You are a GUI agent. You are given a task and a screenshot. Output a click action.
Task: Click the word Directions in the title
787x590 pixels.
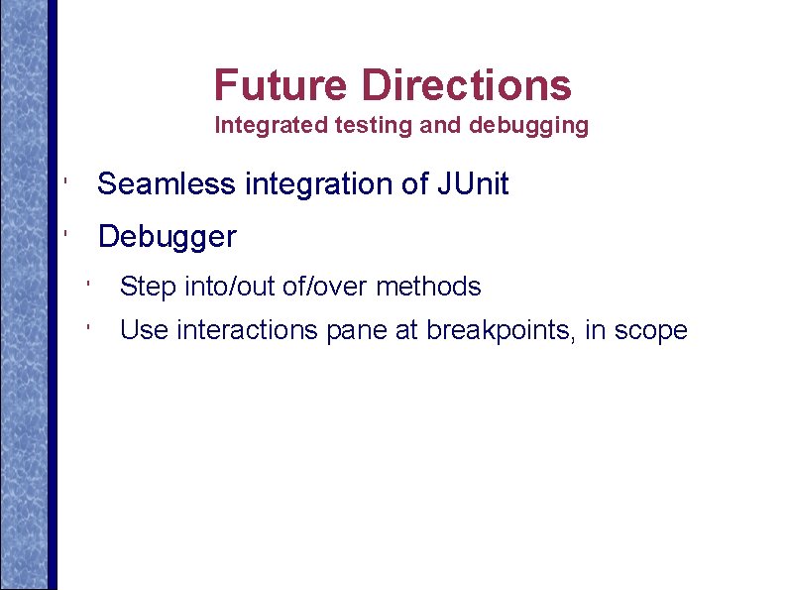pos(466,86)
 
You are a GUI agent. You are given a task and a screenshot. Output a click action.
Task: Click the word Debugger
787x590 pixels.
pos(168,238)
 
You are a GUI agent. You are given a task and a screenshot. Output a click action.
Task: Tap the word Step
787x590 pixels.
pos(147,288)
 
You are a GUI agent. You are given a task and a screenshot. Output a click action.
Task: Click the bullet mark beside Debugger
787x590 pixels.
pos(62,236)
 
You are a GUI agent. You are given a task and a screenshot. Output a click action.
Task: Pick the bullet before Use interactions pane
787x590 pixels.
pos(88,328)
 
